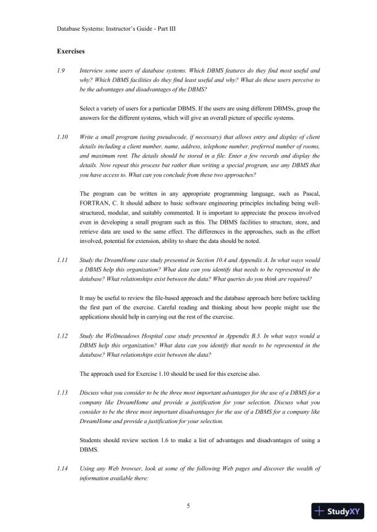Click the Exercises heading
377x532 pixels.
70,51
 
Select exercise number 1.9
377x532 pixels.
61,71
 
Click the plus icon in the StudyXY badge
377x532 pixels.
319,512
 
